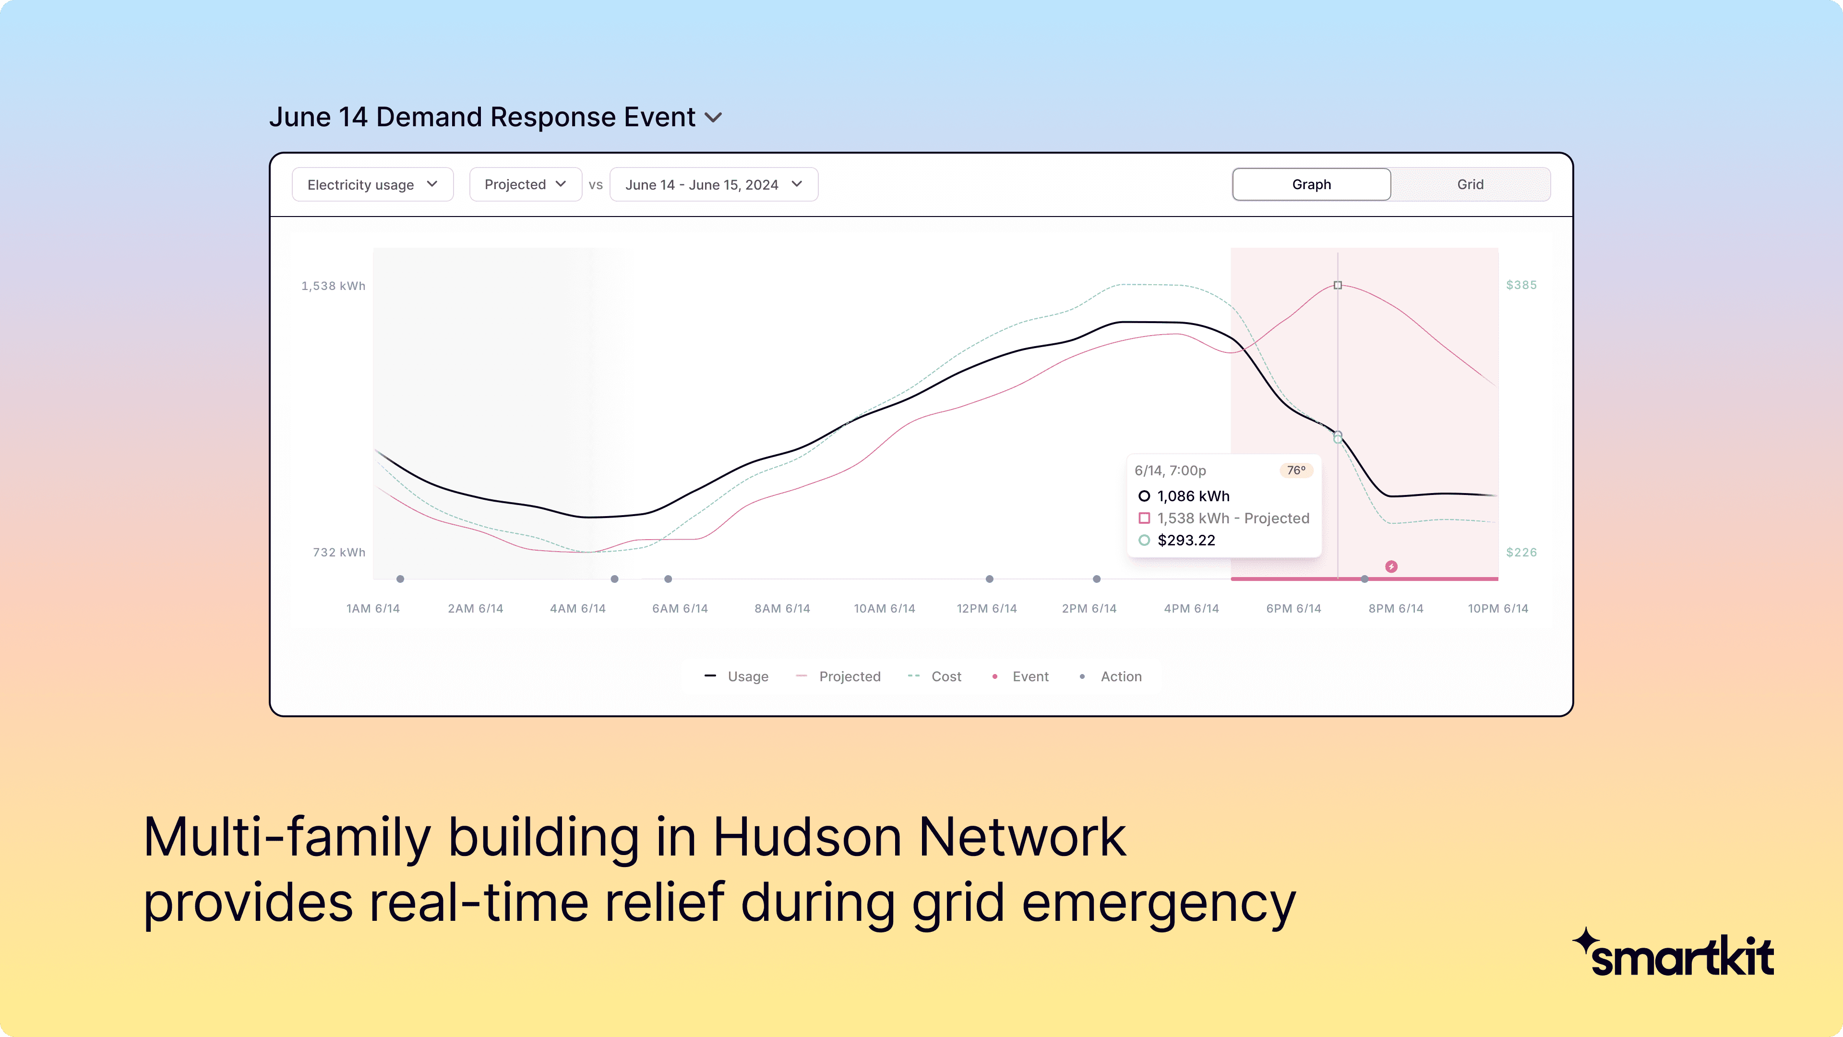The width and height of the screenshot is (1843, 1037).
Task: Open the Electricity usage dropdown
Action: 372,185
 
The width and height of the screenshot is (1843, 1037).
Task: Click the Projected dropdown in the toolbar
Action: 525,185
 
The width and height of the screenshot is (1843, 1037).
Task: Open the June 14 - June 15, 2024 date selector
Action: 713,185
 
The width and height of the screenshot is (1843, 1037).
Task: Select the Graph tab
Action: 1311,185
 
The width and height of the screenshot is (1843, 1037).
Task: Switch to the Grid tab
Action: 1470,185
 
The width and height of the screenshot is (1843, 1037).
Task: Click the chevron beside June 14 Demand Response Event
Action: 713,117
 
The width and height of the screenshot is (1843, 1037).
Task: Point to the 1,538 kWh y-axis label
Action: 334,286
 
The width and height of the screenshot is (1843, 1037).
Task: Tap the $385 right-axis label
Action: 1521,285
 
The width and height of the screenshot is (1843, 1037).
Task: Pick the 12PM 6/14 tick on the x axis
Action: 987,608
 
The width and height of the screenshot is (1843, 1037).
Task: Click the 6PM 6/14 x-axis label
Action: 1293,608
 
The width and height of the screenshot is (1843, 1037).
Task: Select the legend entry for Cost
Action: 934,676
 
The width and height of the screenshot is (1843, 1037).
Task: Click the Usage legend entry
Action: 737,676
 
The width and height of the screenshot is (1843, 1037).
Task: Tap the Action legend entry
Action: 1111,676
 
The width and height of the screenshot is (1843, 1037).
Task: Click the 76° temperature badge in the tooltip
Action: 1296,470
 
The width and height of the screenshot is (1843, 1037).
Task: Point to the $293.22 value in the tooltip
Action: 1186,540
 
